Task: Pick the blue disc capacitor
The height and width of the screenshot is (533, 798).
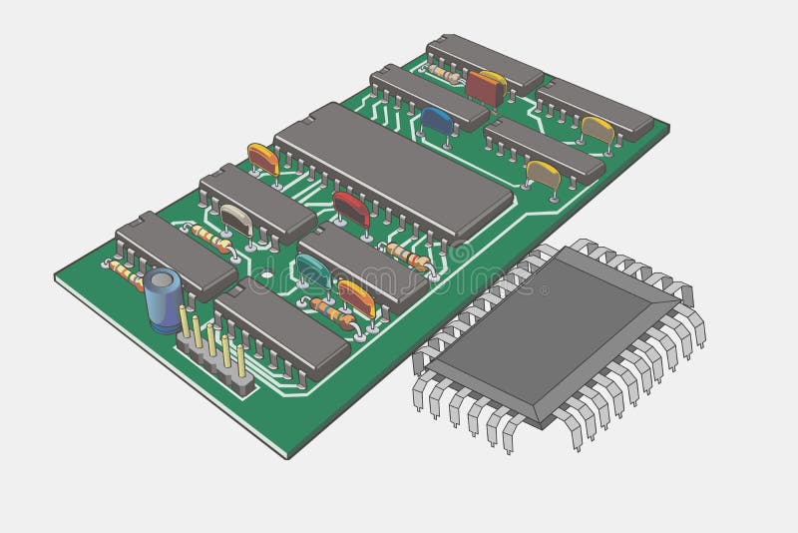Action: (437, 120)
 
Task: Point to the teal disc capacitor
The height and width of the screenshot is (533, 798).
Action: (312, 267)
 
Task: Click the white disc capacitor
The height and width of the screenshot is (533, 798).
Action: (236, 219)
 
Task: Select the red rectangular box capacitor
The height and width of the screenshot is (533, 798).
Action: (486, 87)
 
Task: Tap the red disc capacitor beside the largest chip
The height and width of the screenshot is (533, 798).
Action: (351, 209)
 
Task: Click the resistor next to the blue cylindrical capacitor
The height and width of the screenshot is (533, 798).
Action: (125, 270)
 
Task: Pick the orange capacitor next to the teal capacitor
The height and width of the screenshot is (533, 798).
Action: (356, 296)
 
